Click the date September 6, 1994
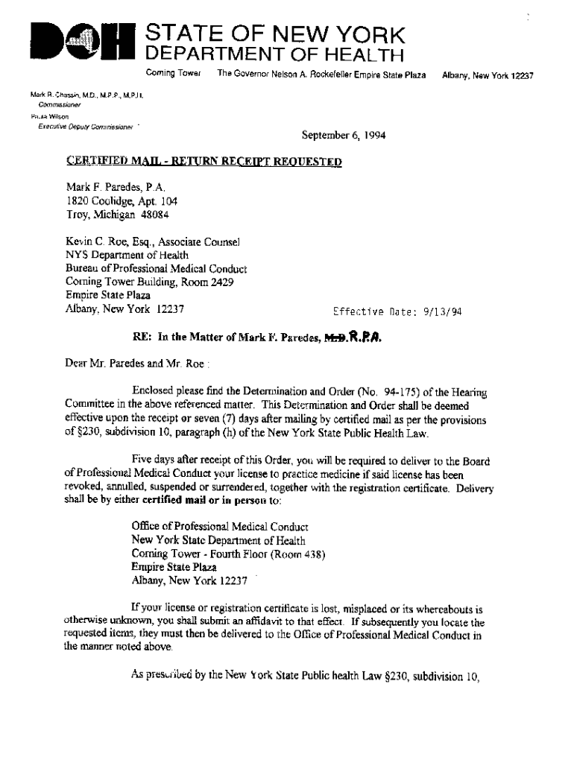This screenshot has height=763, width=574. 343,136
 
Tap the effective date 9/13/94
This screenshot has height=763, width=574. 445,312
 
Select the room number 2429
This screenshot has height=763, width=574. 224,282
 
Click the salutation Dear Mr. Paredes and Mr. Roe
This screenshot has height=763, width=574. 138,365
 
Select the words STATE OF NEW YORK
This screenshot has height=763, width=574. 276,34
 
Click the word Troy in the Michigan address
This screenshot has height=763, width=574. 78,215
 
